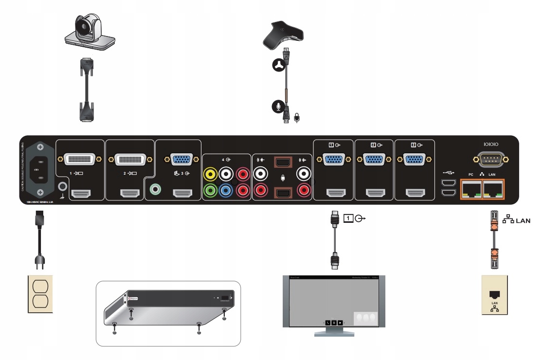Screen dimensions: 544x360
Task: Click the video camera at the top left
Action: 90,32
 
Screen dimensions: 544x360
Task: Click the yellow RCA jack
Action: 211,173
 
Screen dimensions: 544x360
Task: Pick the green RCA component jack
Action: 211,190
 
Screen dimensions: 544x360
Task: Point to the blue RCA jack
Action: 226,190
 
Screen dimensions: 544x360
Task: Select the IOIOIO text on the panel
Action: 491,144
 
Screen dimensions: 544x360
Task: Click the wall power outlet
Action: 39,294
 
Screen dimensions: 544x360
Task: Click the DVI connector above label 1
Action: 80,159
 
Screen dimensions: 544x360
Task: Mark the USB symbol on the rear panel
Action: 448,172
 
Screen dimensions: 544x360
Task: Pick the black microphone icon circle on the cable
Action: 278,107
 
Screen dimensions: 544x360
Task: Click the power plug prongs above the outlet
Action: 39,262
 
